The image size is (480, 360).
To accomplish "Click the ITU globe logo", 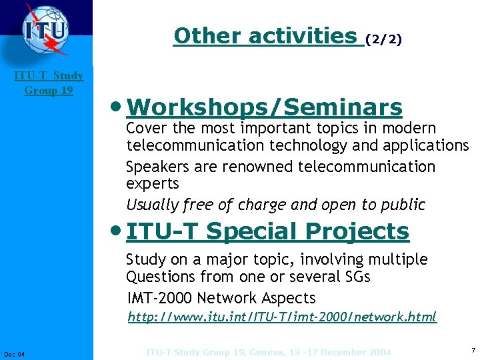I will [45, 31].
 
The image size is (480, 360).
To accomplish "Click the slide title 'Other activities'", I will [265, 36].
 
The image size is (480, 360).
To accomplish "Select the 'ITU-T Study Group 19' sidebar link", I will [49, 83].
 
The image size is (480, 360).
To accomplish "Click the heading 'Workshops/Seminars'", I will [264, 107].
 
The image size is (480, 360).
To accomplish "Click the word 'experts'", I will [153, 183].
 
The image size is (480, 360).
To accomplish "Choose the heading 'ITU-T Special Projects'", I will [267, 232].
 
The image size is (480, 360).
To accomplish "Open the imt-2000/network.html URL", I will [282, 317].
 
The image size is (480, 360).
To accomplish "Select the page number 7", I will [473, 350].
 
